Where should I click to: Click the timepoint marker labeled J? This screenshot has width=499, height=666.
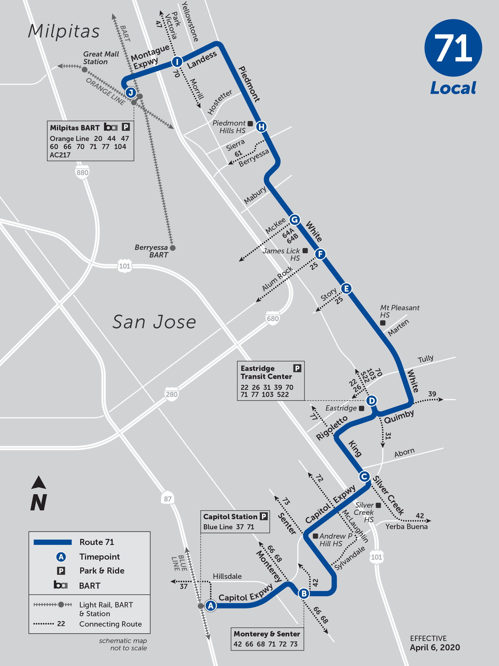[x=131, y=92]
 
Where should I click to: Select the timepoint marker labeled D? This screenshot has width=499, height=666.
[x=372, y=401]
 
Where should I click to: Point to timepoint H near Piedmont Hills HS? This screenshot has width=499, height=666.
[x=261, y=127]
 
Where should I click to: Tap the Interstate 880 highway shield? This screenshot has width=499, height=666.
[x=82, y=172]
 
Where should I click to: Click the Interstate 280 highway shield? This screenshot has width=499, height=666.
[x=171, y=394]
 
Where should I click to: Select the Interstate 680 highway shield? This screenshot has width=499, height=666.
[x=272, y=318]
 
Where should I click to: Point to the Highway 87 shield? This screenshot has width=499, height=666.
[x=167, y=499]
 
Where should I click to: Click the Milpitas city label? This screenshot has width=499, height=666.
[x=64, y=31]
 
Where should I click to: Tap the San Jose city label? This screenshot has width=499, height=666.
[x=154, y=322]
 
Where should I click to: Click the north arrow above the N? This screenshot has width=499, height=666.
[x=39, y=483]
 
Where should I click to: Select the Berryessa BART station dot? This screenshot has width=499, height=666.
[x=173, y=248]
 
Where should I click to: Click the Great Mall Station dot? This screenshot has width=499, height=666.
[x=85, y=69]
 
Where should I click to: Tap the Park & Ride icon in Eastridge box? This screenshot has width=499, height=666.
[x=297, y=368]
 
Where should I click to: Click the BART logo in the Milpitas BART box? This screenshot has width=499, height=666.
[x=111, y=127]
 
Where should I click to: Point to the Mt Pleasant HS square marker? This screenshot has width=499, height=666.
[x=383, y=323]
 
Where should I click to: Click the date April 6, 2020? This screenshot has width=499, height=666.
[x=435, y=647]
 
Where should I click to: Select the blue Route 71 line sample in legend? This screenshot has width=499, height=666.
[x=52, y=542]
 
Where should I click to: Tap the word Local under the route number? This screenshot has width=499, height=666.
[x=453, y=88]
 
